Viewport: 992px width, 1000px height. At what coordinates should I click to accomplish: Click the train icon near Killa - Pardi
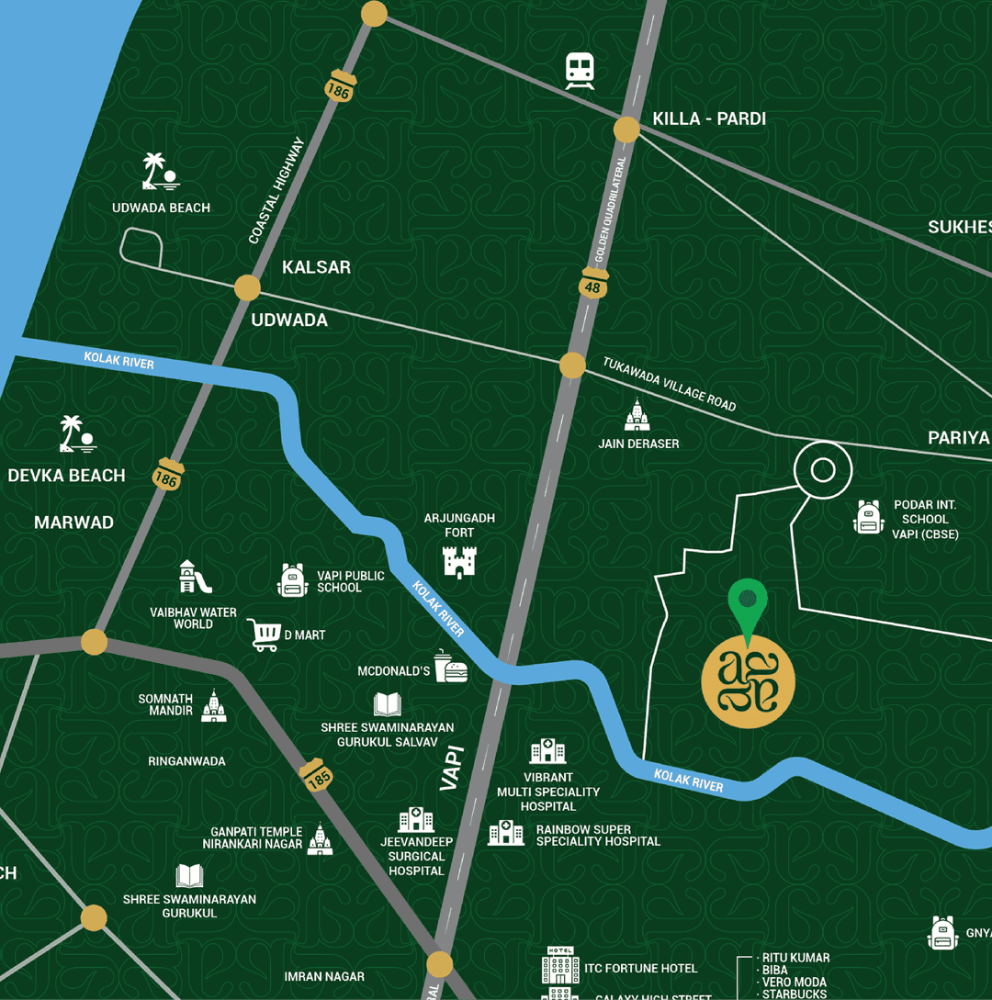(x=580, y=71)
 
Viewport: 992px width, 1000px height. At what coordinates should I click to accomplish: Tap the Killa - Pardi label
(x=708, y=118)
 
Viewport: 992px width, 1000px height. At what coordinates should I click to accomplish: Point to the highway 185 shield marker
(x=318, y=775)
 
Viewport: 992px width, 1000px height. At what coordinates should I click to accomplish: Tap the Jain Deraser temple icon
(x=637, y=416)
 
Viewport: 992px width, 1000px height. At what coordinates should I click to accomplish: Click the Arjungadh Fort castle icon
(x=459, y=561)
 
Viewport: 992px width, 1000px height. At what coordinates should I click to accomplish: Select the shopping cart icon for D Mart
(x=264, y=635)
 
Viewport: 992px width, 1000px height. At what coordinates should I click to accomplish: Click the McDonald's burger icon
(x=451, y=667)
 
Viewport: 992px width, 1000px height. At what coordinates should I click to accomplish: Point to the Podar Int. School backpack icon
(x=867, y=518)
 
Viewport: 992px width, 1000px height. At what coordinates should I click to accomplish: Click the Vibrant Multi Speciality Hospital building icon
(x=547, y=752)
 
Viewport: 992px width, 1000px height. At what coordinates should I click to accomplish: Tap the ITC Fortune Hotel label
(x=640, y=968)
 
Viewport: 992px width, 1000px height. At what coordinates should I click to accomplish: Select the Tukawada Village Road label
(x=669, y=384)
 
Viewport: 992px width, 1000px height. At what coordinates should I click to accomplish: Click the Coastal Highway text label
(x=276, y=191)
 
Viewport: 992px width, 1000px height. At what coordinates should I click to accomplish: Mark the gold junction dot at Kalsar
(x=247, y=287)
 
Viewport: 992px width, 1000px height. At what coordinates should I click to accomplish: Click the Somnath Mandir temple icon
(x=214, y=706)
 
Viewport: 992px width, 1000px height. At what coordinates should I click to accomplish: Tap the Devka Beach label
(x=66, y=475)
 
